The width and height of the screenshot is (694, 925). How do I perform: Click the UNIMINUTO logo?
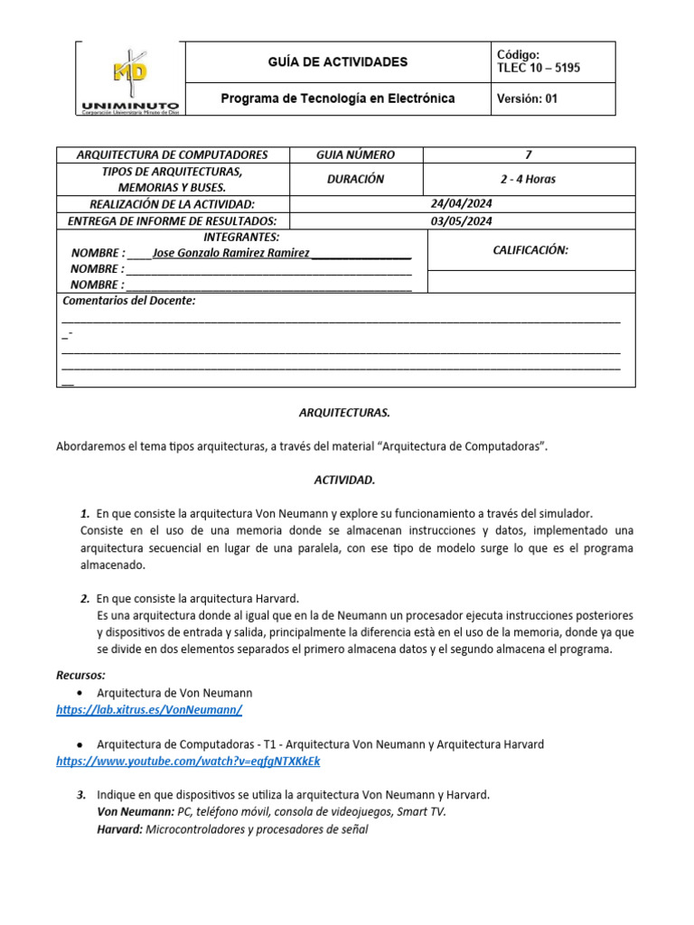point(129,80)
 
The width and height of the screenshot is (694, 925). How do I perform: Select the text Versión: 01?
point(528,99)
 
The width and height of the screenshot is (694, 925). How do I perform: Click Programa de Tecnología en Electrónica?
point(338,98)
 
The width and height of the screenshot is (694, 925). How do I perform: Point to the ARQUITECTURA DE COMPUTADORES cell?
point(173,154)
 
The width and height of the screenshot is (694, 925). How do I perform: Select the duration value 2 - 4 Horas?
point(529,179)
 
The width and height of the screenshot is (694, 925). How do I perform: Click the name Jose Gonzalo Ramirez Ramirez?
point(231,253)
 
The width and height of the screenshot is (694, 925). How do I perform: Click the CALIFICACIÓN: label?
point(530,250)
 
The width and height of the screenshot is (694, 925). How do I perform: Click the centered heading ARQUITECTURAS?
point(345,412)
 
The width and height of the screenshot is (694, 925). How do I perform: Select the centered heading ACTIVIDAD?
point(345,480)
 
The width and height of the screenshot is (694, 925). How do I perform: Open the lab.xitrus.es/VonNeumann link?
point(149,710)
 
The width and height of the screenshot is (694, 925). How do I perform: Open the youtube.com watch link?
point(188,761)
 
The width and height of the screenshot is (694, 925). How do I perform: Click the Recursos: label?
point(80,675)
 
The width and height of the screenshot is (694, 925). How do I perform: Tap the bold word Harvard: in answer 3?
point(119,828)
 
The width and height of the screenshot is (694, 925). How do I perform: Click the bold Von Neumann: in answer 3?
point(135,811)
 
